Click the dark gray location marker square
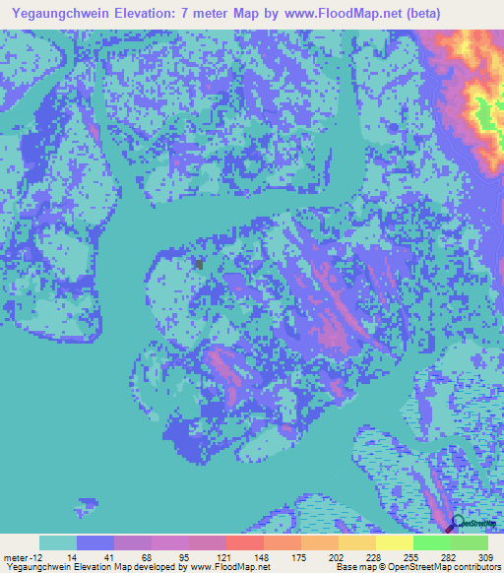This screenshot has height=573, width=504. [200, 264]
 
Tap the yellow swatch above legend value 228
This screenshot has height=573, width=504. [357, 542]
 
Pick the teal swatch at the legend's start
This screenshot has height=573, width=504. [58, 542]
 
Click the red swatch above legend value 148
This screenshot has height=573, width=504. [245, 542]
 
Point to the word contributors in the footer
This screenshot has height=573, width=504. [472, 568]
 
